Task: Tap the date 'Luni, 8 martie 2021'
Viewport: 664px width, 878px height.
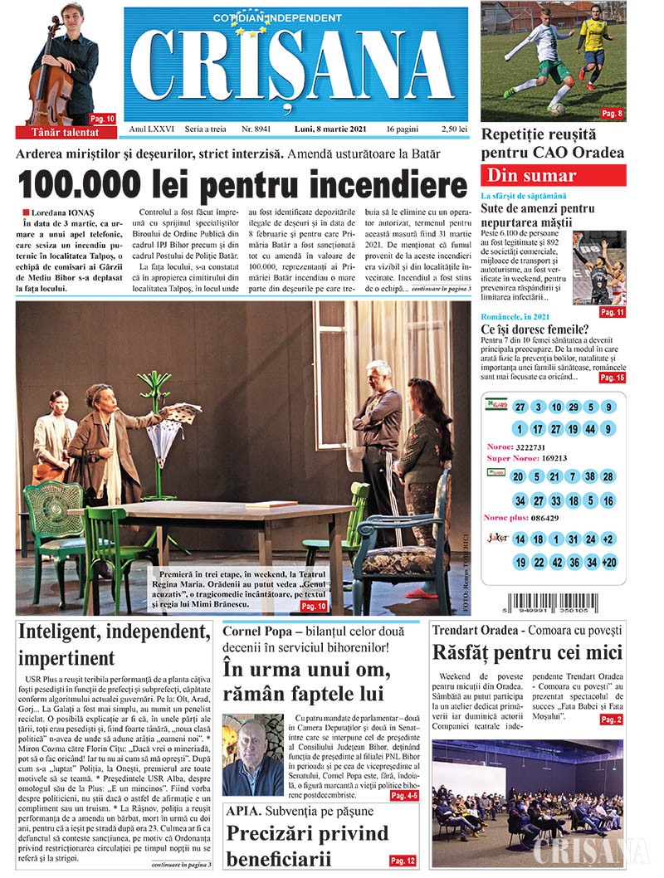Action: pos(327,129)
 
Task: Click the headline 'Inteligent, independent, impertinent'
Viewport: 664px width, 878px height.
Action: pos(113,644)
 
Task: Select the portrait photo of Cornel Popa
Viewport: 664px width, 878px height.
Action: pos(253,755)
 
